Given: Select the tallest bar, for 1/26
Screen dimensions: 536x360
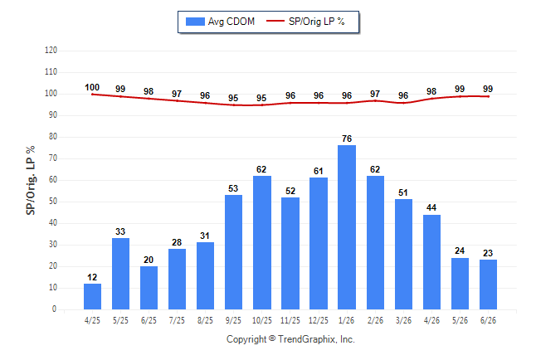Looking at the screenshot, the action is tap(347, 227).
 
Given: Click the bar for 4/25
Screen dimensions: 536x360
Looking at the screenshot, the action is tap(92, 297).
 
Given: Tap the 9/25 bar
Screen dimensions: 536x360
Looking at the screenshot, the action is tap(233, 252).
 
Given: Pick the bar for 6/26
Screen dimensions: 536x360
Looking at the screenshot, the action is tap(488, 285).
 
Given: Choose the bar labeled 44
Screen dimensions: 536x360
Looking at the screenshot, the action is tap(431, 262).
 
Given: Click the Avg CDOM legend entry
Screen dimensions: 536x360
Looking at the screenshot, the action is tap(220, 22).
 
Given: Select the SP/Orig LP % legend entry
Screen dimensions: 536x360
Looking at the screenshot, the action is tap(305, 22).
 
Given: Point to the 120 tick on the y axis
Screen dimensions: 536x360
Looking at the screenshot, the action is tap(51, 51).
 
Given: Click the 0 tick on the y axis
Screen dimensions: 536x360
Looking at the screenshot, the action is tap(54, 309).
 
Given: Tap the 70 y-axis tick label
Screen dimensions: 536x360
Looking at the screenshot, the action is tap(52, 158).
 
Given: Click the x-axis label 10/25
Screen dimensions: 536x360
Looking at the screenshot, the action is tap(262, 321).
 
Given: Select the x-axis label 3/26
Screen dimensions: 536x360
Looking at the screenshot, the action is tap(403, 321).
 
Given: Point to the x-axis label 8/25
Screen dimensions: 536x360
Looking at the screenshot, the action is tap(205, 321).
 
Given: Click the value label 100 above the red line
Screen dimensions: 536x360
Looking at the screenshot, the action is tap(92, 88).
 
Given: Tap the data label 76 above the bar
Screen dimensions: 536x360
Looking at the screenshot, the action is tap(347, 139).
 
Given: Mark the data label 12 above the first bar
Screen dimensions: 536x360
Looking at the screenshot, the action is tap(92, 277).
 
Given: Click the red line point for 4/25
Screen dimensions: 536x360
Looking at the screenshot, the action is tap(92, 95).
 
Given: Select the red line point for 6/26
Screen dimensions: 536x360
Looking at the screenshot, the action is tap(488, 96).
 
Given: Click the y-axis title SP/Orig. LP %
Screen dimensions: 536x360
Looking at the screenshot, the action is tap(31, 180).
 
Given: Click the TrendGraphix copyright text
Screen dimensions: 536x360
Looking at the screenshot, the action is tap(290, 339).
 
